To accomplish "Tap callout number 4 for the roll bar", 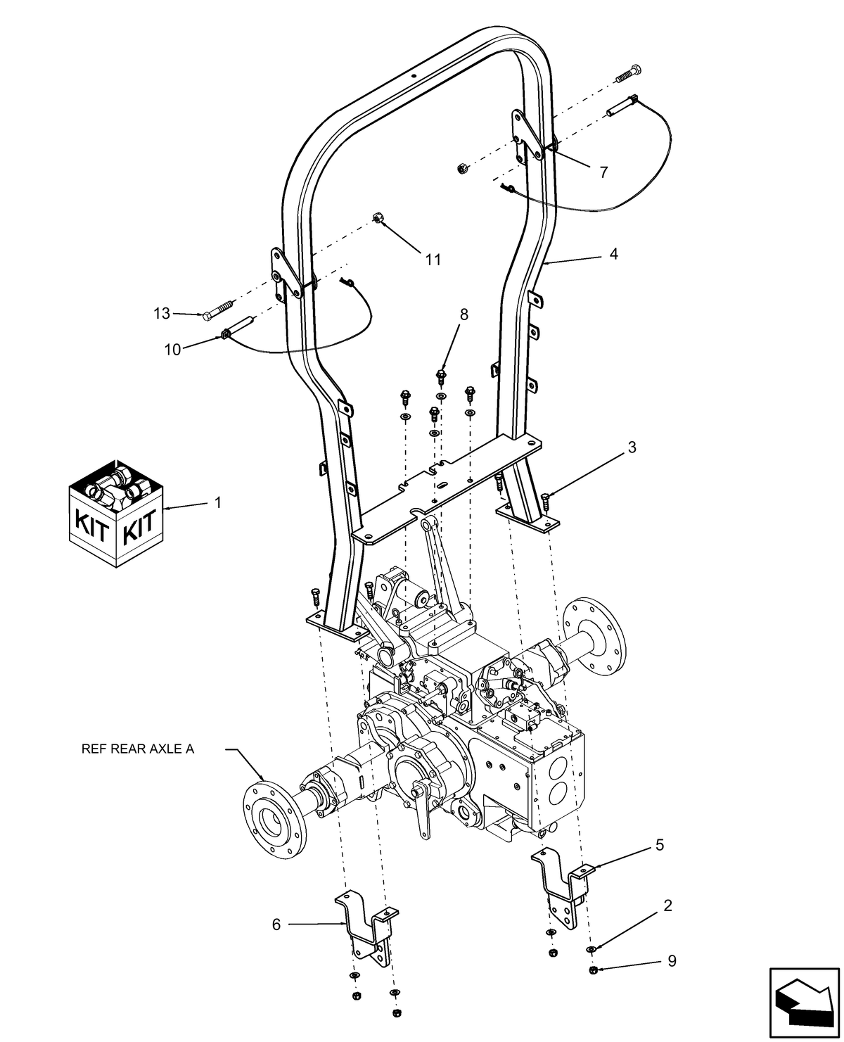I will coord(613,254).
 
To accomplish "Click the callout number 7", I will coord(603,172).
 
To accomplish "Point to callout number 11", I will coord(433,260).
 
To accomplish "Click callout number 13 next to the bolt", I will coord(162,313).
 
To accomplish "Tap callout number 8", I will coord(463,314).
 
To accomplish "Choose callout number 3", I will coord(632,447).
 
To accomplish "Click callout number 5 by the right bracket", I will coord(659,845).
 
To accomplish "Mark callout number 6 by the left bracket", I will coord(276,924).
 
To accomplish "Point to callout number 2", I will coord(667,906).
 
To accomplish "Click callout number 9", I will coord(672,961).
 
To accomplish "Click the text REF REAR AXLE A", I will coord(137,749).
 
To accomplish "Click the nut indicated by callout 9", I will coord(592,972).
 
